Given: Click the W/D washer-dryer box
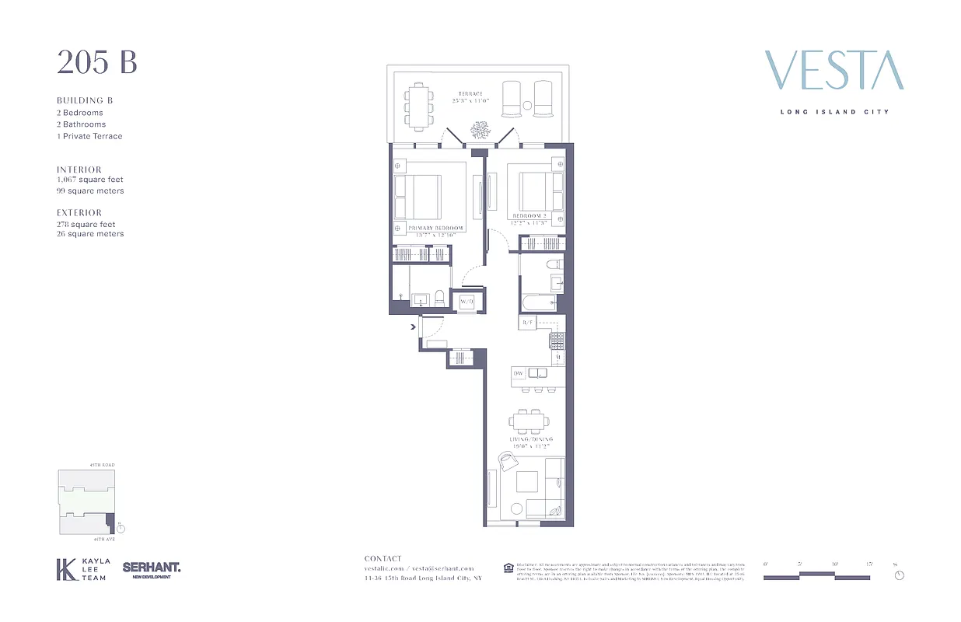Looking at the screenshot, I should (x=467, y=301).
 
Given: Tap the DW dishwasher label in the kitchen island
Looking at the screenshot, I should (x=519, y=374).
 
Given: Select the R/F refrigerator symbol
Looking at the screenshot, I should (x=528, y=322).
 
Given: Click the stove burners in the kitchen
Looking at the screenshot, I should (x=557, y=340).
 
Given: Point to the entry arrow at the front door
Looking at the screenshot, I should (x=413, y=327).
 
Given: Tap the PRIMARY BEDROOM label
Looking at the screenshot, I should (x=430, y=229).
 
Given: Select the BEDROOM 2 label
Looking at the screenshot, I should (x=529, y=215).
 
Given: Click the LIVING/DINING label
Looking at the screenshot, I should (x=533, y=439).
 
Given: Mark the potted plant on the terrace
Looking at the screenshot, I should (x=480, y=129).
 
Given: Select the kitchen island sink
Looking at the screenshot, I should (x=538, y=373).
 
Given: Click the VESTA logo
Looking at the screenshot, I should (x=833, y=71).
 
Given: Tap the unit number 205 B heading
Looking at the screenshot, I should (x=96, y=62).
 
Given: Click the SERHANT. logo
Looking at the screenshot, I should (x=152, y=569).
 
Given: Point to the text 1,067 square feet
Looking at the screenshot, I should (x=89, y=180).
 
